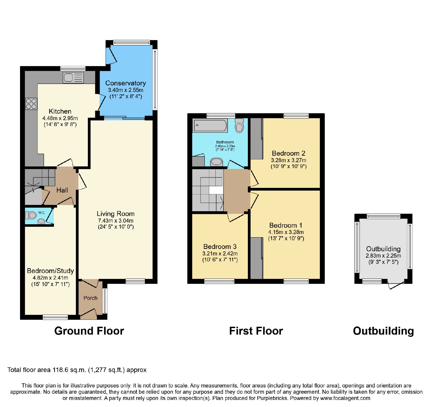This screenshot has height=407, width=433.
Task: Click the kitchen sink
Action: point(73,78)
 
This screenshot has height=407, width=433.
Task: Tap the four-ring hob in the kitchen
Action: point(31,104)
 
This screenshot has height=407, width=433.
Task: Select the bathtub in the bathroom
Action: point(210,126)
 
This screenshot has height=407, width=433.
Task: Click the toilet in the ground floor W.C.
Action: point(31,215)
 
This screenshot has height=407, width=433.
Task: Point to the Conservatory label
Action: point(126,83)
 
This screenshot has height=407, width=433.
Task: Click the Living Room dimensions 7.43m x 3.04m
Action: point(116,221)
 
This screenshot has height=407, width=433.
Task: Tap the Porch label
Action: point(90,298)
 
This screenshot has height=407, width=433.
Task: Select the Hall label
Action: point(62,190)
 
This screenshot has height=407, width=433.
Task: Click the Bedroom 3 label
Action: point(220,246)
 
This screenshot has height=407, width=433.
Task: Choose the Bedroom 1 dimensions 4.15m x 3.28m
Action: point(286,232)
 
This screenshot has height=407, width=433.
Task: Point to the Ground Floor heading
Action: point(89,331)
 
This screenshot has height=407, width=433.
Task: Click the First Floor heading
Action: point(256,331)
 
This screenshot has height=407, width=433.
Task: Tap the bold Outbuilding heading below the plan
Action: point(383,331)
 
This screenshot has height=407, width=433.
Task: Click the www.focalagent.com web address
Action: point(345,398)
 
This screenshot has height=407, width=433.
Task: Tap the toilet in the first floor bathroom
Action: point(239,126)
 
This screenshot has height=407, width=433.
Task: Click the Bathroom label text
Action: point(225,142)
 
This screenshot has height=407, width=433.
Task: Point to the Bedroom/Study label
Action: point(50,271)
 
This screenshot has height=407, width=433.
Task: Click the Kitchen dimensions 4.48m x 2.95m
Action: point(60,118)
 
